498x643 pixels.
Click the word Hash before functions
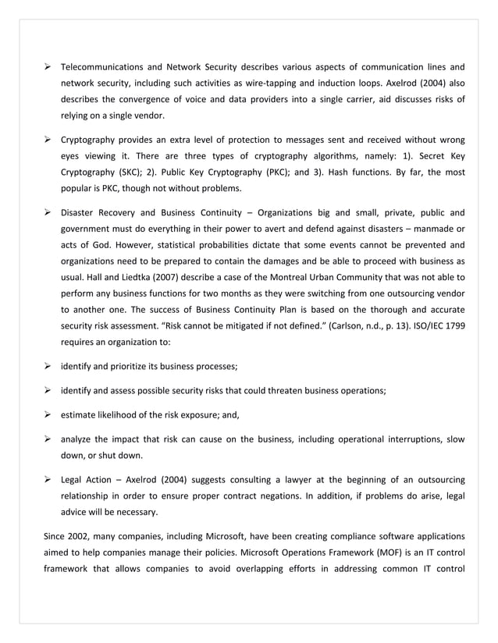(x=354, y=172)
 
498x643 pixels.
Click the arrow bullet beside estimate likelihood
(x=48, y=414)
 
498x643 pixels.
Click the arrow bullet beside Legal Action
(x=48, y=480)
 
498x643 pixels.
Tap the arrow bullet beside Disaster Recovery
(x=48, y=211)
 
